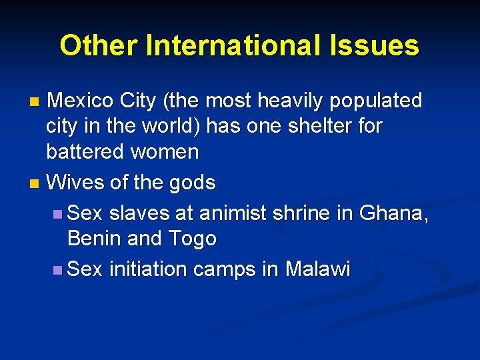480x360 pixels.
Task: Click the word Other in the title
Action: coord(99,46)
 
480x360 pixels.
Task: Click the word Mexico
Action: coord(80,101)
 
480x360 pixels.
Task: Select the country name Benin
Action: coord(94,238)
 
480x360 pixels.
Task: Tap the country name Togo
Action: coord(192,239)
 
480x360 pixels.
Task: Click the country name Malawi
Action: coord(317,269)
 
